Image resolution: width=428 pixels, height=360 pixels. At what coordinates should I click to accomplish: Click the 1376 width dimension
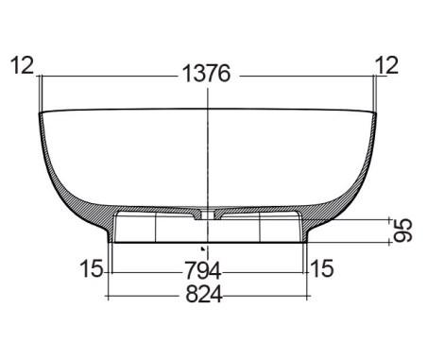[x=207, y=74]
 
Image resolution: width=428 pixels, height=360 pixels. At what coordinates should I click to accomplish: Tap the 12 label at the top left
[x=22, y=65]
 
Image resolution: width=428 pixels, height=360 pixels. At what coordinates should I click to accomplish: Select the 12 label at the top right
[x=386, y=65]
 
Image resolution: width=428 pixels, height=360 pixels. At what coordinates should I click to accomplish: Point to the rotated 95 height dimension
[x=403, y=231]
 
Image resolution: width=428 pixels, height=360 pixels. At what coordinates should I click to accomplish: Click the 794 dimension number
[x=202, y=270]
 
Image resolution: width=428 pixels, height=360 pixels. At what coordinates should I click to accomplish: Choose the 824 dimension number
[x=204, y=294]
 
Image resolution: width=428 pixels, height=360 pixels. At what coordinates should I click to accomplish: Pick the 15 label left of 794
[x=92, y=268]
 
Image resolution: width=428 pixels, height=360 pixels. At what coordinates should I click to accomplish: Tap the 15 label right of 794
[x=322, y=268]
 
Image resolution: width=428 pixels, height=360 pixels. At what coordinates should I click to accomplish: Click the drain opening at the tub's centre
[x=208, y=214]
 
